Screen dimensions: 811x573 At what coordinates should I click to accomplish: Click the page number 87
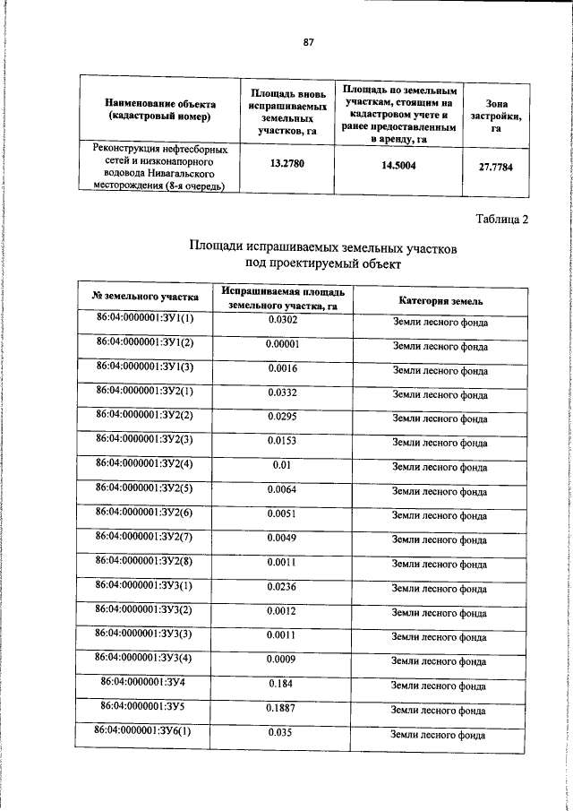pyautogui.click(x=309, y=42)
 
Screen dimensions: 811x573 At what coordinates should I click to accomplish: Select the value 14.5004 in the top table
pyautogui.click(x=398, y=165)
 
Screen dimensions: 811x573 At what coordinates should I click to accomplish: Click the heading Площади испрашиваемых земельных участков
pyautogui.click(x=324, y=247)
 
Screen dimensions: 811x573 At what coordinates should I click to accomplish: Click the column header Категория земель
pyautogui.click(x=440, y=300)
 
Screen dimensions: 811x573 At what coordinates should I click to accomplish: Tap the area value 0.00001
pyautogui.click(x=283, y=343)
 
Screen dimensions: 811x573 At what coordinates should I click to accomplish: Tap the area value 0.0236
pyautogui.click(x=283, y=587)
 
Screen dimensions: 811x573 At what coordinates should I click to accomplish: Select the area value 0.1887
pyautogui.click(x=283, y=708)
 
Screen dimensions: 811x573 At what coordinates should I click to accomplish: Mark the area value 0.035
pyautogui.click(x=283, y=732)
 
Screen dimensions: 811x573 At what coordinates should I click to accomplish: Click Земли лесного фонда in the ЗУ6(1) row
pyautogui.click(x=440, y=735)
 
